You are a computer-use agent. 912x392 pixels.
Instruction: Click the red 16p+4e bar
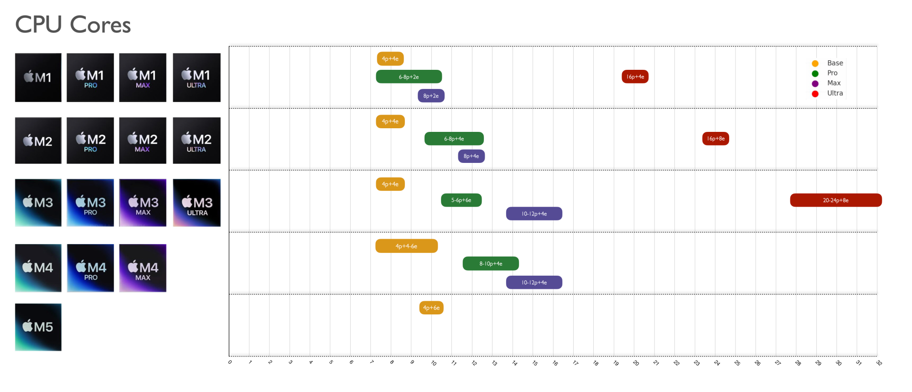635,77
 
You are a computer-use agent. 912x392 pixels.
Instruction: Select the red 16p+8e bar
715,139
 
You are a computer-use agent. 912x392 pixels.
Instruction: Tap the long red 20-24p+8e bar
835,200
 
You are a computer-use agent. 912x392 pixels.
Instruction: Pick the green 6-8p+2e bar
409,77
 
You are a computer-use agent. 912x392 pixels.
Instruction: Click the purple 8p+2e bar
431,96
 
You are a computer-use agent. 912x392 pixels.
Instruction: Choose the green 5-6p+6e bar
461,200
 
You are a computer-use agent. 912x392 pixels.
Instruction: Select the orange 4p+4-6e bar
406,246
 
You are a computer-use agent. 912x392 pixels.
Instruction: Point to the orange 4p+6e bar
431,308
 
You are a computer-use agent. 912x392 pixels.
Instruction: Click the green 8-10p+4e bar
491,264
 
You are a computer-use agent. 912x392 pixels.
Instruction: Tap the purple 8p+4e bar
471,156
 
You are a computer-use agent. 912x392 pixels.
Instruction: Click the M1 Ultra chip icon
197,78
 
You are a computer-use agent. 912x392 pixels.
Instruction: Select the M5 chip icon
38,327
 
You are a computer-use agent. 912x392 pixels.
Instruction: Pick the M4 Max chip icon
143,268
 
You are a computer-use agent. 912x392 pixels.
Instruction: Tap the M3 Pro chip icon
90,203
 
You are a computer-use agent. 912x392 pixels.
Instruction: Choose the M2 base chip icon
38,141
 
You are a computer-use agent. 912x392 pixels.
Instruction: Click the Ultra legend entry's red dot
815,94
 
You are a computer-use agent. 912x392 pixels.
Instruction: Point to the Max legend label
834,83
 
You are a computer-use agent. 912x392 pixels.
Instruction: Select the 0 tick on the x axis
230,362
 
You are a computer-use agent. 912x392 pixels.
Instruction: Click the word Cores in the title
100,25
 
